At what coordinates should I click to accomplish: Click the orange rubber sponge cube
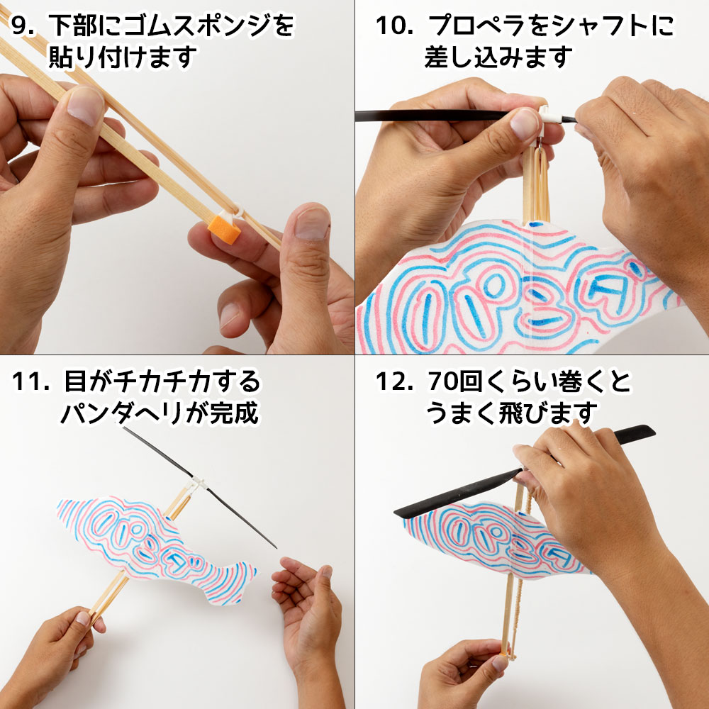[224, 229]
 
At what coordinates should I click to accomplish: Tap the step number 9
[22, 26]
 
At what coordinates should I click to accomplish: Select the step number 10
[393, 26]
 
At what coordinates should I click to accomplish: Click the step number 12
[393, 381]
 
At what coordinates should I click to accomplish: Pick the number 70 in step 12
[443, 381]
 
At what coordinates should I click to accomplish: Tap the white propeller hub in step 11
[197, 484]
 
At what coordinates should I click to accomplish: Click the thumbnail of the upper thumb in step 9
[86, 106]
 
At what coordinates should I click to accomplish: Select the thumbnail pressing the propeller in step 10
[524, 124]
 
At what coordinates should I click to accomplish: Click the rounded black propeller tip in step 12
[646, 431]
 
